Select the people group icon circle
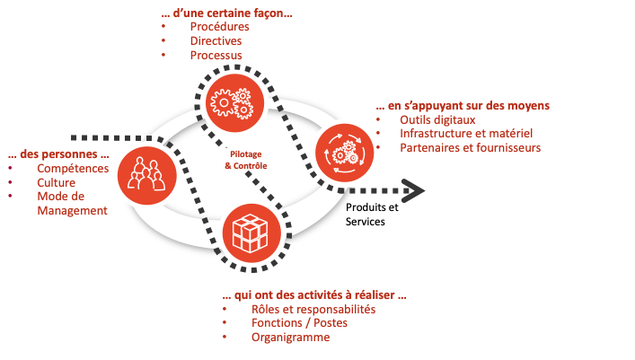tap(142, 170)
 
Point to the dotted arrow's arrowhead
tap(413, 189)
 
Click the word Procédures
tap(220, 26)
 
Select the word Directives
tap(216, 40)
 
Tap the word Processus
tap(216, 55)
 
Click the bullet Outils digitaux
tap(437, 119)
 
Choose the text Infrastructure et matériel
tap(459, 134)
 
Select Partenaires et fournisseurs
tap(470, 148)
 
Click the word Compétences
tap(73, 169)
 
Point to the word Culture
tap(57, 182)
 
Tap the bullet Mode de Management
tap(72, 204)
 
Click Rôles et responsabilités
tap(313, 309)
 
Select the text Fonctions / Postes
tap(300, 323)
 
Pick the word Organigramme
tap(291, 338)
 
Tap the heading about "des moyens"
tap(463, 105)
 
